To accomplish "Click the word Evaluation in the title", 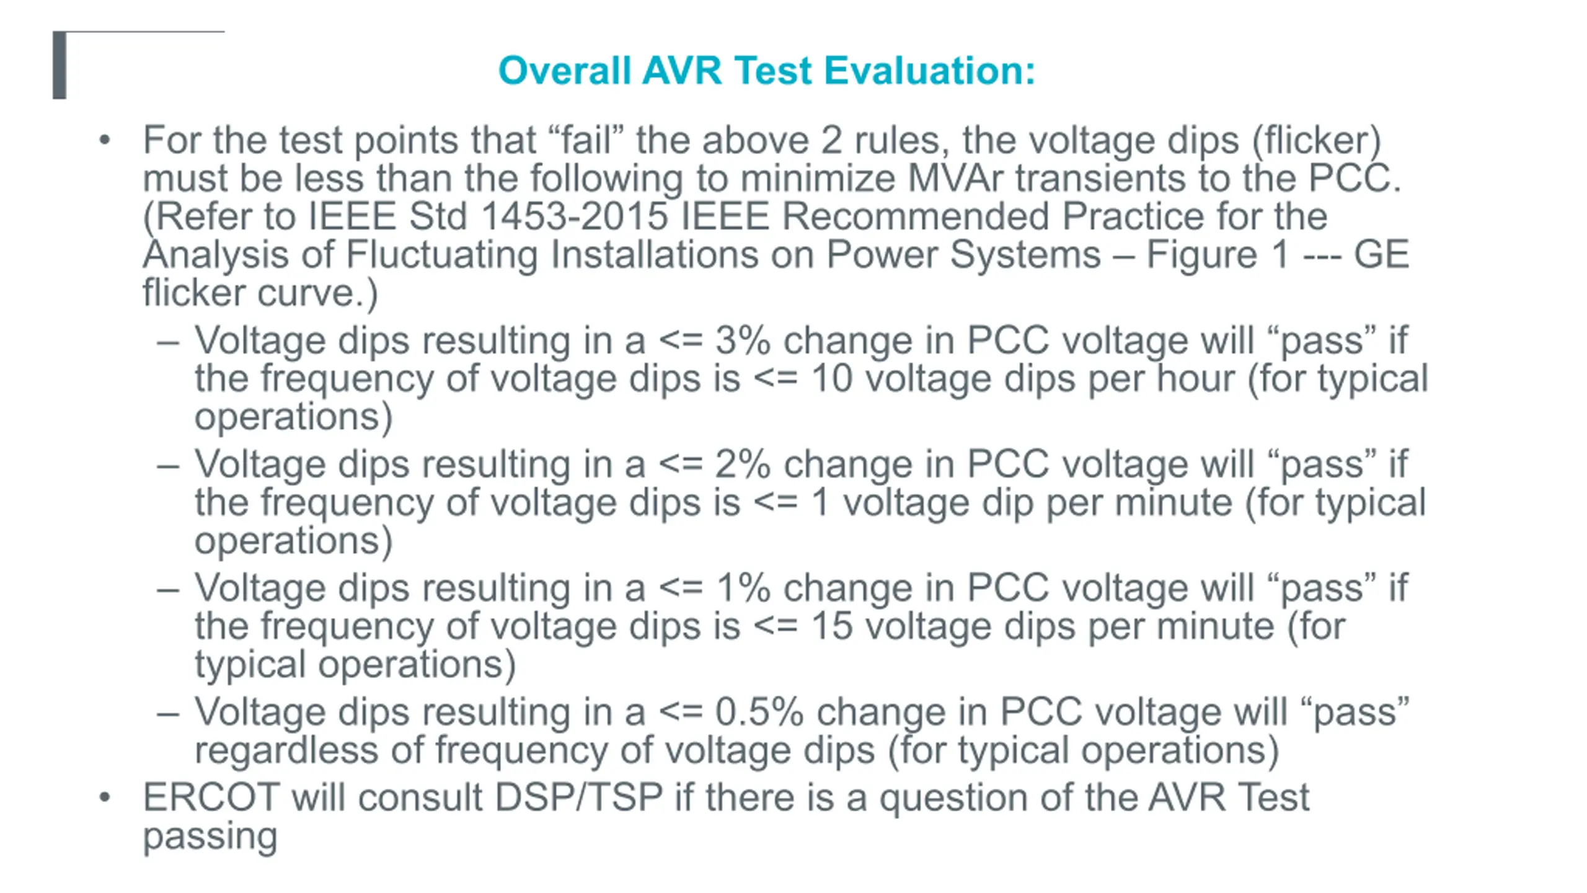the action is [929, 70].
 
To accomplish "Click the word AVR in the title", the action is [682, 70].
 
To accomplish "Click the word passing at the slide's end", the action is [210, 837].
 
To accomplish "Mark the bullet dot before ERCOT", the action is [105, 797].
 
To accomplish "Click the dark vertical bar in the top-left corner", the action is [60, 65].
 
